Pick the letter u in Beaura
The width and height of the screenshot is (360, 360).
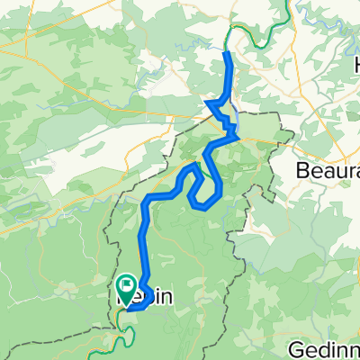coord(339,170)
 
